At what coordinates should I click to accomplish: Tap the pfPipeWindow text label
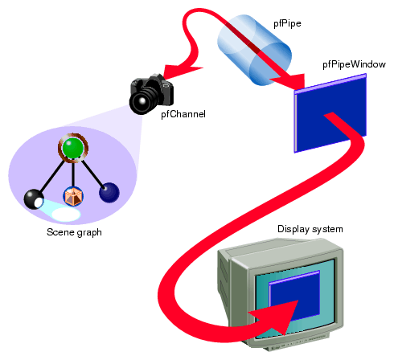(x=351, y=63)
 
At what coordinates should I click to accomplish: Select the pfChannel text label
(x=183, y=115)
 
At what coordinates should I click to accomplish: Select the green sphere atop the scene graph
(x=72, y=148)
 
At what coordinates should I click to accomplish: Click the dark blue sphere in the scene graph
(x=109, y=192)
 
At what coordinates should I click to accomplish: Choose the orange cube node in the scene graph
(x=73, y=195)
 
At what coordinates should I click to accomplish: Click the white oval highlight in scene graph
(x=64, y=215)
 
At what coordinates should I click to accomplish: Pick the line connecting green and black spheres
(x=53, y=174)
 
